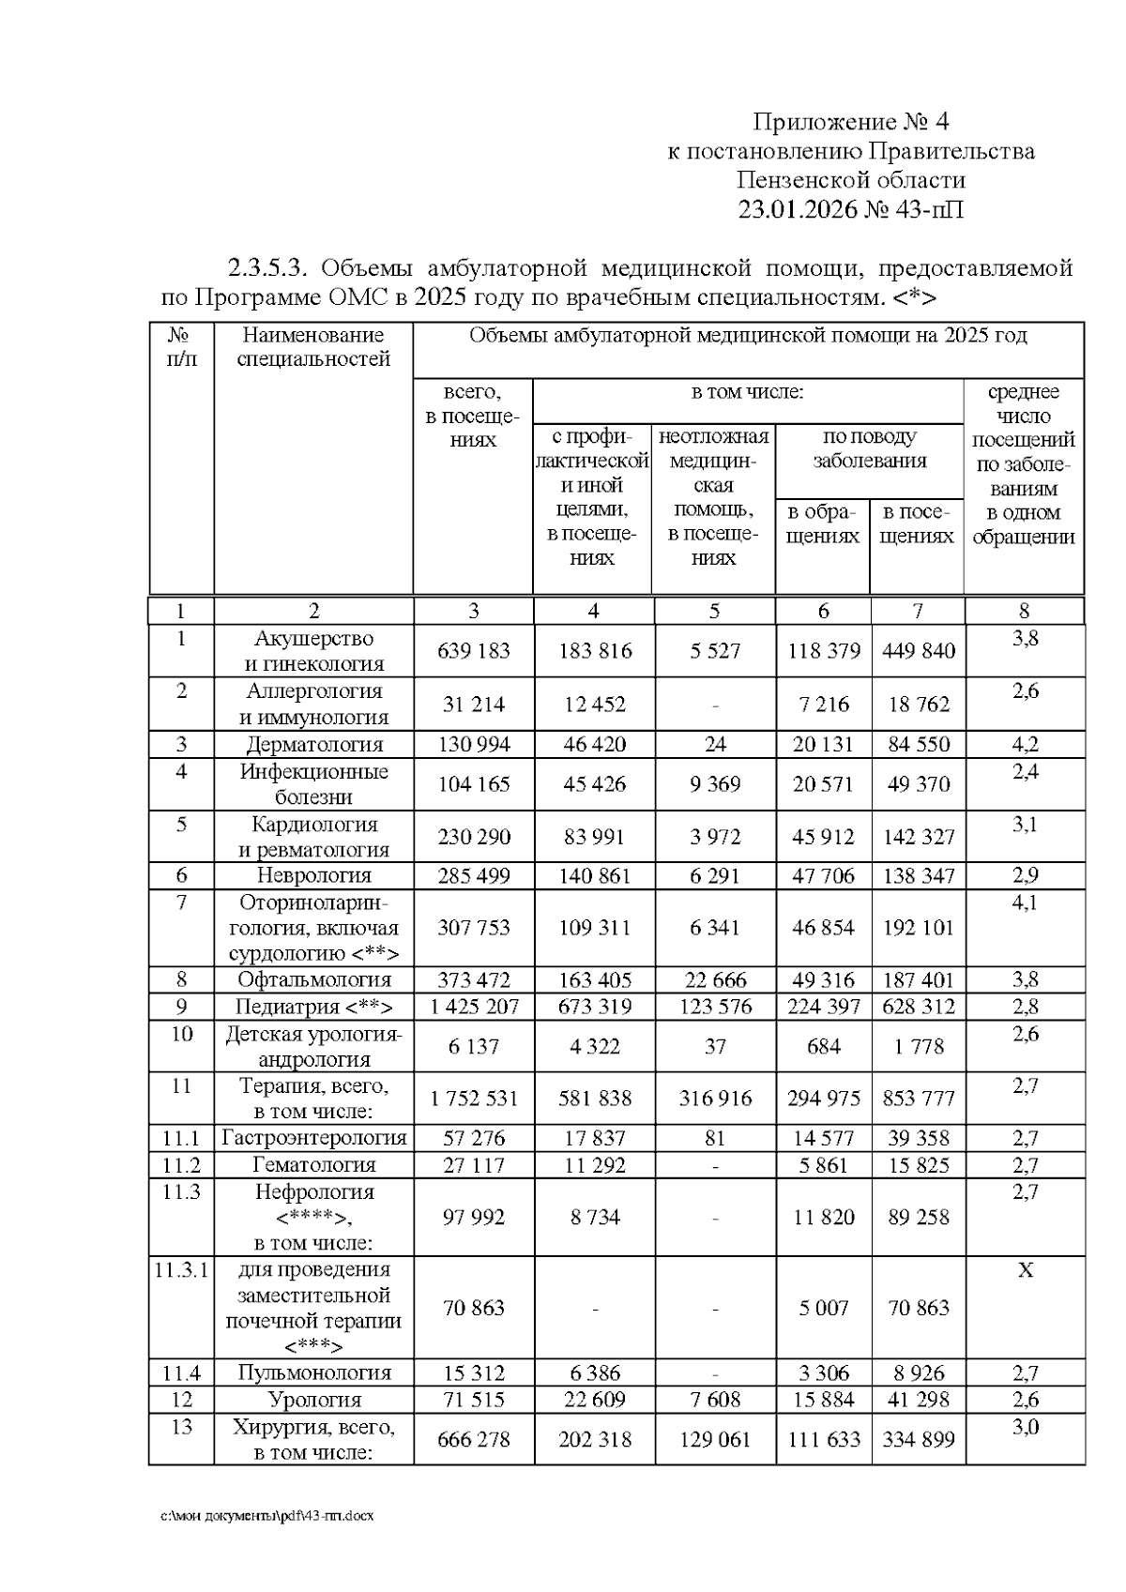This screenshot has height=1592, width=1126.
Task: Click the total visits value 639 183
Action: (x=474, y=651)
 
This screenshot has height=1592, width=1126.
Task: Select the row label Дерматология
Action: (x=314, y=745)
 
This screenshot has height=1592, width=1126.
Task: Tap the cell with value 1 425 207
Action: (x=474, y=1008)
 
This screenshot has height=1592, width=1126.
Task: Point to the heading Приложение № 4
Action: (x=852, y=122)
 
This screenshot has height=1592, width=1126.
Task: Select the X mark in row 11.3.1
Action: (x=1025, y=1270)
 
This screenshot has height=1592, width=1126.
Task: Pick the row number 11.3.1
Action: (x=181, y=1270)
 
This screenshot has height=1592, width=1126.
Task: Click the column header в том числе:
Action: (x=748, y=392)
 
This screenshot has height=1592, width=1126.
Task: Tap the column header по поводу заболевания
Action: (x=870, y=448)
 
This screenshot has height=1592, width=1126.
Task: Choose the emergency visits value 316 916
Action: (x=715, y=1099)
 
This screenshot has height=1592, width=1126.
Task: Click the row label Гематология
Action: (x=314, y=1165)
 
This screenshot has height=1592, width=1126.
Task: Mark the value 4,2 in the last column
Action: (x=1025, y=745)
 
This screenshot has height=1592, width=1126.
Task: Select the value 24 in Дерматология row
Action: (x=715, y=745)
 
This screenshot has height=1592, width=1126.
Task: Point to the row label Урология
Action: (x=314, y=1401)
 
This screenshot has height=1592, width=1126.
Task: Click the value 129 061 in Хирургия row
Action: (x=715, y=1440)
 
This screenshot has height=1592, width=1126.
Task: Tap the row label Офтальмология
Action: (x=314, y=980)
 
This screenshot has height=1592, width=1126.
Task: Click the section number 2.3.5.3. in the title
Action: (x=269, y=269)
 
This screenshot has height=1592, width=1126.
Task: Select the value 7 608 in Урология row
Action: (x=715, y=1401)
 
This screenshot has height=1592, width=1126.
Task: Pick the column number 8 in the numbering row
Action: (x=1024, y=612)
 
